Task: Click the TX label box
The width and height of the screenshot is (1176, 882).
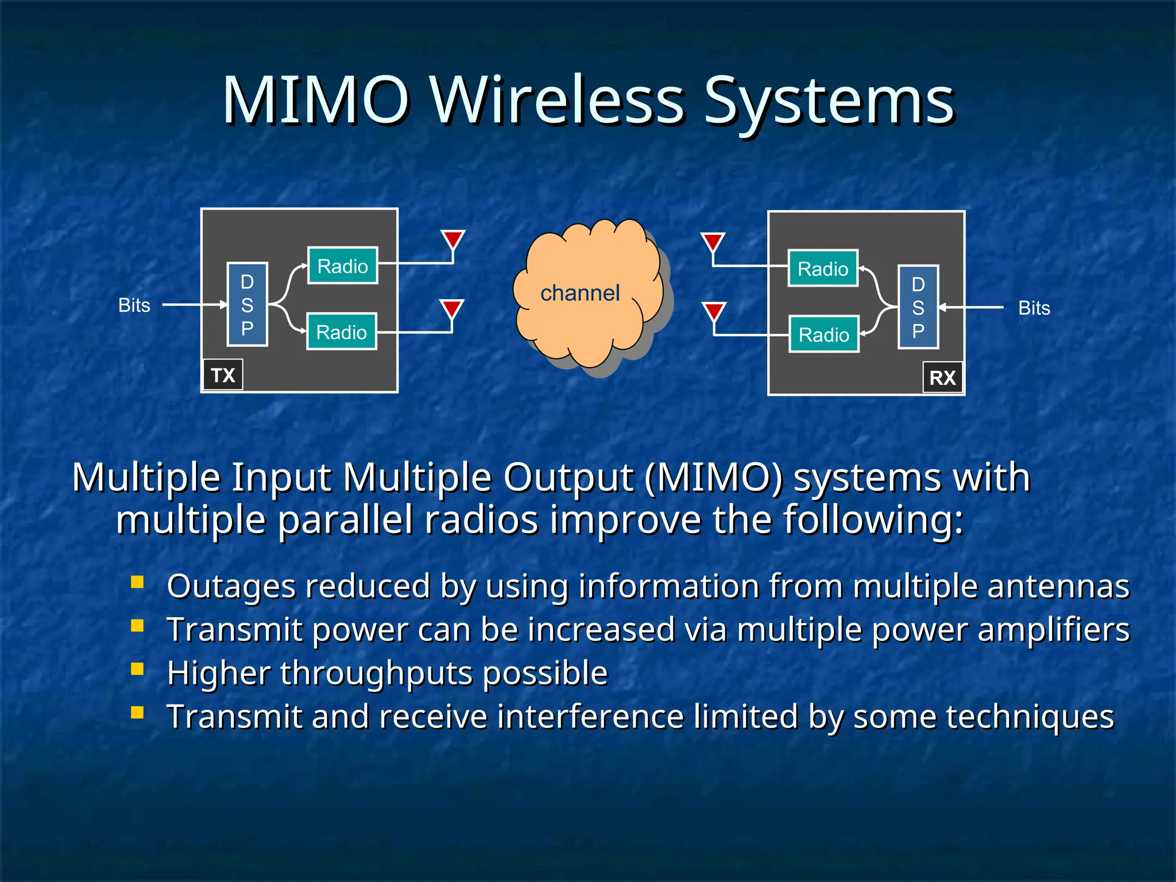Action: tap(223, 375)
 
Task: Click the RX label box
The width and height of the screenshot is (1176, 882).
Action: tap(942, 377)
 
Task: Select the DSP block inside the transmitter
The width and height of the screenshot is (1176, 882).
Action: tap(247, 304)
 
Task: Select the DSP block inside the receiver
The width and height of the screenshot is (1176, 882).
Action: tap(918, 307)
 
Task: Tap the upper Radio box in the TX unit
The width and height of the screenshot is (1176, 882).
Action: tap(343, 266)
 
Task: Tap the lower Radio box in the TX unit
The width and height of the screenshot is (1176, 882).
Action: tap(342, 332)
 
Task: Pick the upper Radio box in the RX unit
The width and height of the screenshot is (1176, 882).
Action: tap(823, 268)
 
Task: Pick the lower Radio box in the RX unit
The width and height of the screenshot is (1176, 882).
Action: tap(823, 334)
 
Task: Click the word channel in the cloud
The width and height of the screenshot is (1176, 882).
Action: tap(580, 293)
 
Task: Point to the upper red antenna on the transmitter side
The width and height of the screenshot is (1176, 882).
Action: tap(453, 239)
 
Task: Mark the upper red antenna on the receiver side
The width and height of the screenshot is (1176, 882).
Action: tap(713, 241)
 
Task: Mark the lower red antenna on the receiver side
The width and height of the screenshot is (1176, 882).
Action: tap(714, 311)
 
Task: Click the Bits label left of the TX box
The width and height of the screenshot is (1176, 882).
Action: tap(134, 305)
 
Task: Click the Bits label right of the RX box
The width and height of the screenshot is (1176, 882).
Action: tap(1034, 308)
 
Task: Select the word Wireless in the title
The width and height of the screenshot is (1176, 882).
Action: tap(556, 100)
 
